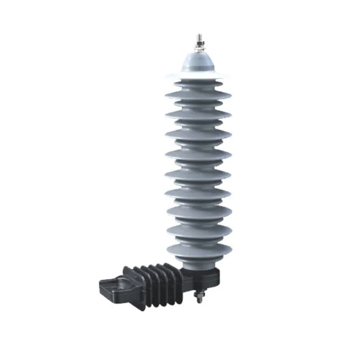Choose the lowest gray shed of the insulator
pos(198,249)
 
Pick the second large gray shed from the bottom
pos(198,230)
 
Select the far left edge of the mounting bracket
pos(98,282)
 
